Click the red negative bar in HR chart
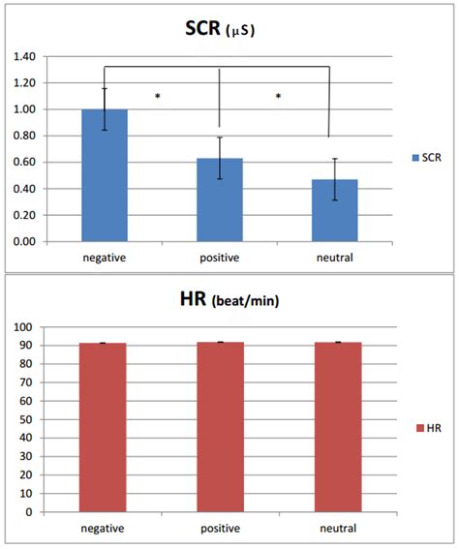click(104, 427)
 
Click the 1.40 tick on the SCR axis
click(31, 57)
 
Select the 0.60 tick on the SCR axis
click(31, 163)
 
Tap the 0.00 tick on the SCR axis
click(31, 241)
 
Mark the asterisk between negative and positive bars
click(157, 97)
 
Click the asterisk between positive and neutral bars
click(278, 97)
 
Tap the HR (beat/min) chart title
click(229, 302)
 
